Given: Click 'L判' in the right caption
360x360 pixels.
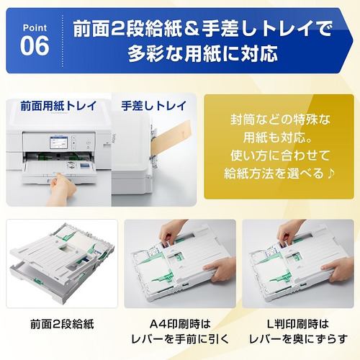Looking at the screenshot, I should click(275, 324).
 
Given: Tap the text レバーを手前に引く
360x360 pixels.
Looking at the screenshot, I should click(180, 341).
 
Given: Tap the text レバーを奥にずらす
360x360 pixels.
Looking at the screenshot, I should click(298, 341).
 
